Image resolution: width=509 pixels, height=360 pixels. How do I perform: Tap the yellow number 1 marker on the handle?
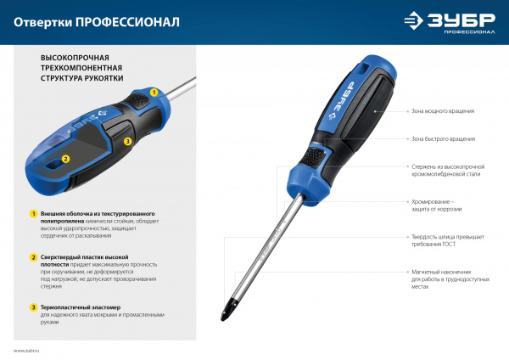(x=154, y=92)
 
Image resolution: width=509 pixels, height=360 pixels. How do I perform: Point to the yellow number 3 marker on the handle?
(x=128, y=142)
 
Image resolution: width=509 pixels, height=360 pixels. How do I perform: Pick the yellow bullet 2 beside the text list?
(x=33, y=256)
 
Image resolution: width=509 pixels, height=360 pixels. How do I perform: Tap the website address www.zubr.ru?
(x=27, y=350)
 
